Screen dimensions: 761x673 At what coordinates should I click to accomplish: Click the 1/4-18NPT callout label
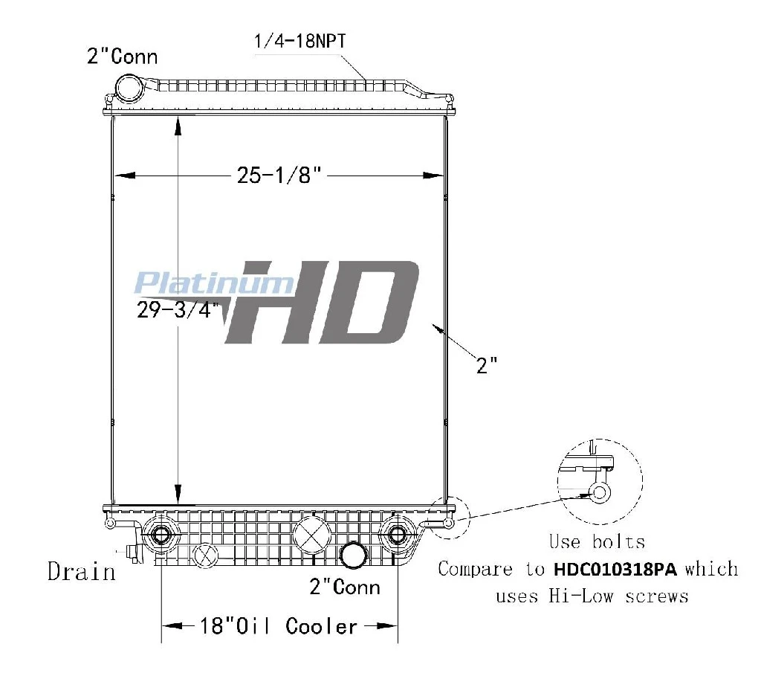(x=300, y=41)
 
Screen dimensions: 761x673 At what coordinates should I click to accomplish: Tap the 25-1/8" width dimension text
(x=279, y=175)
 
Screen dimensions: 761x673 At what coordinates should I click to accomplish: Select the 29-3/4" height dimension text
(x=178, y=309)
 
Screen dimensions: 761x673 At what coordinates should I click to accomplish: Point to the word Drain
(x=82, y=572)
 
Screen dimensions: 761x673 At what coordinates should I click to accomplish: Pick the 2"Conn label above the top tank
(x=123, y=57)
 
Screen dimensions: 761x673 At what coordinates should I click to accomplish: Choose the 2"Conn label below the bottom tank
(x=345, y=587)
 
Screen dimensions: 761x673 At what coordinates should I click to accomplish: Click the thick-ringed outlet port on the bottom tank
(x=353, y=556)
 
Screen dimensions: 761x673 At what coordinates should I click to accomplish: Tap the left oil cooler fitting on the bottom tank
(x=160, y=535)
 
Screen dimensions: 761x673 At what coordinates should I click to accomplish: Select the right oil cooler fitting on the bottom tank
(x=398, y=535)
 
